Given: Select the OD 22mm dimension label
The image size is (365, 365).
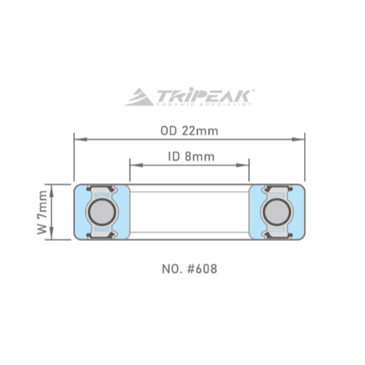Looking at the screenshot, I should pyautogui.click(x=189, y=131).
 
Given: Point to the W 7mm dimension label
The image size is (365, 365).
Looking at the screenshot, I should pyautogui.click(x=43, y=212).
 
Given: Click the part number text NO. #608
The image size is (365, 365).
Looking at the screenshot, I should pyautogui.click(x=189, y=269).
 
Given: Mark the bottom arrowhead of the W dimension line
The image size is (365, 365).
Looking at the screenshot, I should pyautogui.click(x=51, y=235).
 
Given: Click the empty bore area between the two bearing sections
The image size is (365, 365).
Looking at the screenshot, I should pyautogui.click(x=189, y=212).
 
